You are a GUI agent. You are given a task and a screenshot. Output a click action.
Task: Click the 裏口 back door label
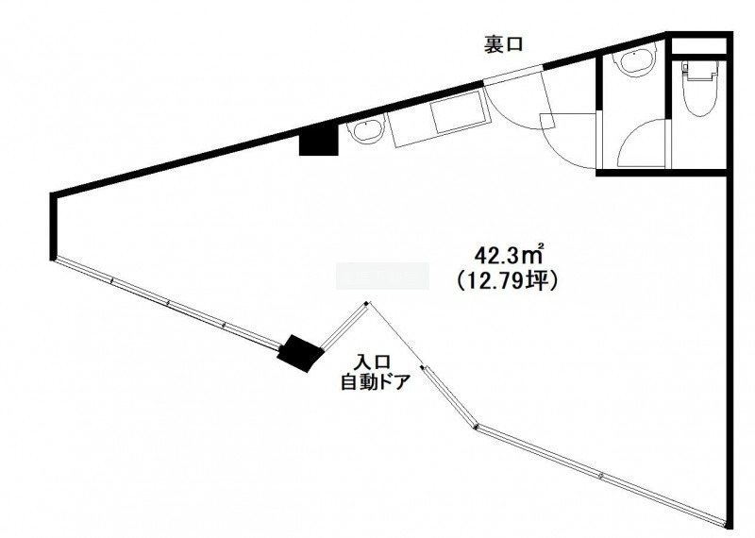pos(503,45)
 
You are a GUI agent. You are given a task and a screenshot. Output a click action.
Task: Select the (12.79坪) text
pos(506,280)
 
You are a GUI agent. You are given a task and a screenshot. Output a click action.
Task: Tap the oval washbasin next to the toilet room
pos(635,59)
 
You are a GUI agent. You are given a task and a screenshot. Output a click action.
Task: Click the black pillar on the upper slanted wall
pos(318,143)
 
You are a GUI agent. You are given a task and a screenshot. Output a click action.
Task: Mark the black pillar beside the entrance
pos(299,353)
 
